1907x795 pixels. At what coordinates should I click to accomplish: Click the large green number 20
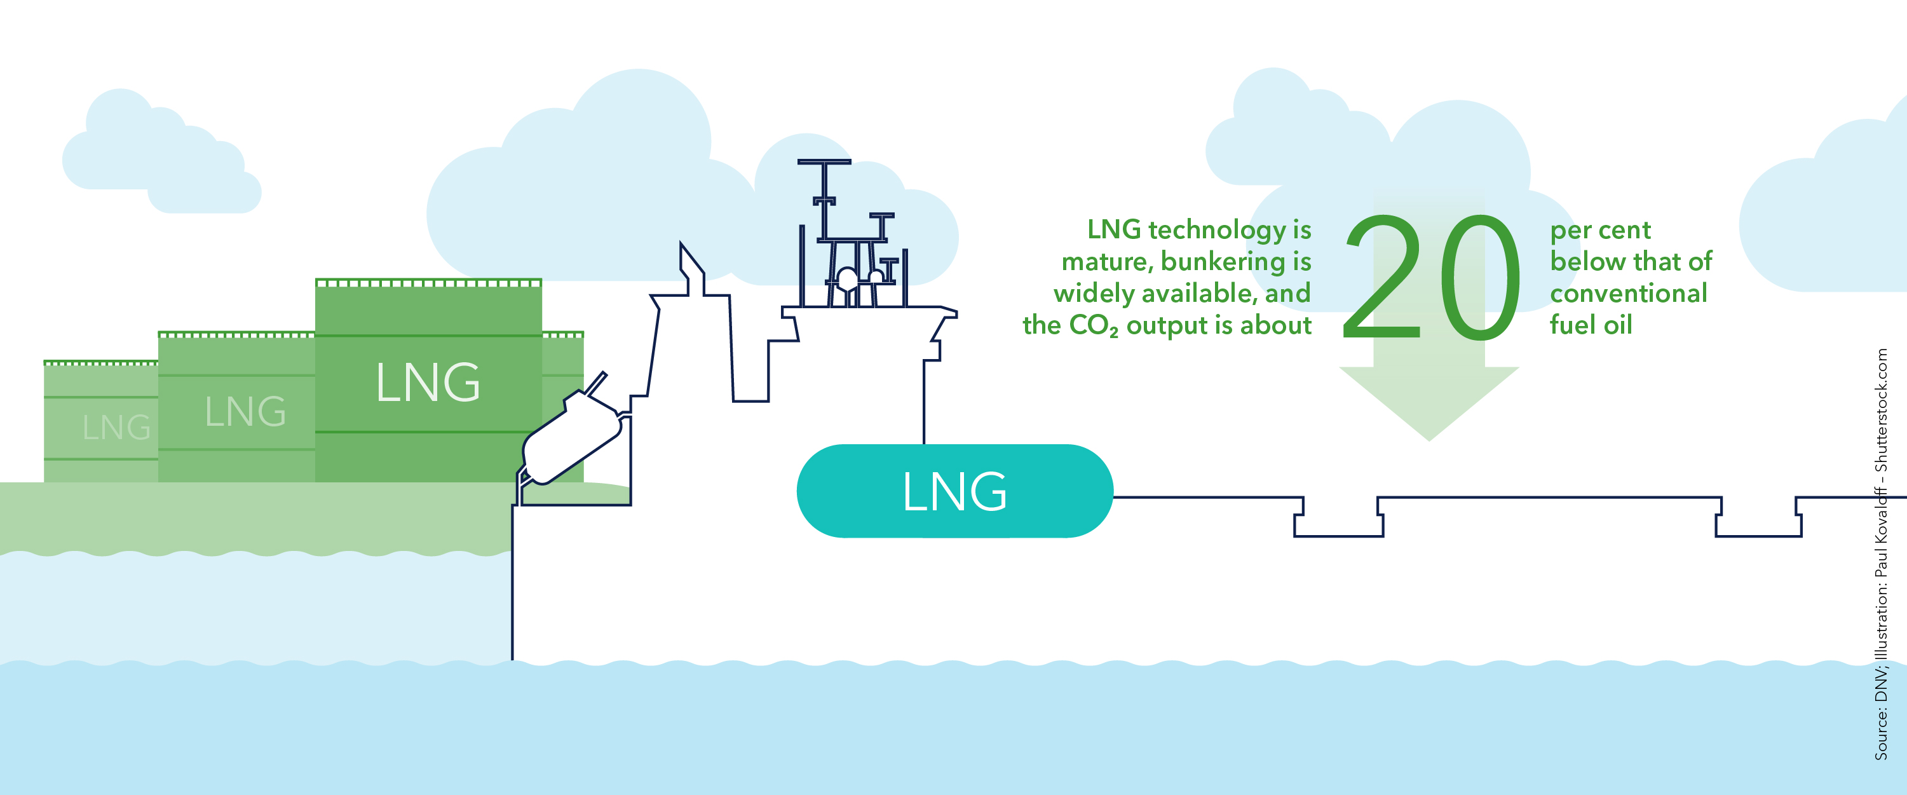pyautogui.click(x=1431, y=278)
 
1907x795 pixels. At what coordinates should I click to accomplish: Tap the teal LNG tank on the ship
pyautogui.click(x=954, y=491)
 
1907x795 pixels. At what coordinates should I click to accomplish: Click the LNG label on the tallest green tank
pyautogui.click(x=428, y=383)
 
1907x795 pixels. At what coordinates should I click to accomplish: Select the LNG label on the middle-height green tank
pyautogui.click(x=245, y=412)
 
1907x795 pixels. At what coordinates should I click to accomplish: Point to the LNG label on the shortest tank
pyautogui.click(x=116, y=427)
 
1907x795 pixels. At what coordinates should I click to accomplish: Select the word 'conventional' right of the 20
pyautogui.click(x=1628, y=294)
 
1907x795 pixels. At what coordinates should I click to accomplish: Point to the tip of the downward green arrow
pyautogui.click(x=1429, y=438)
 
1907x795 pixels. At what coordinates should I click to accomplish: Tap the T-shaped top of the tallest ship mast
pyautogui.click(x=824, y=162)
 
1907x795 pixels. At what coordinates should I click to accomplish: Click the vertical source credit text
pyautogui.click(x=1881, y=555)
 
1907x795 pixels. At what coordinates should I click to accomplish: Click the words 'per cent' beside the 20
pyautogui.click(x=1600, y=230)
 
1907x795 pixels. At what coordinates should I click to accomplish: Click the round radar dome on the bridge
pyautogui.click(x=847, y=279)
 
